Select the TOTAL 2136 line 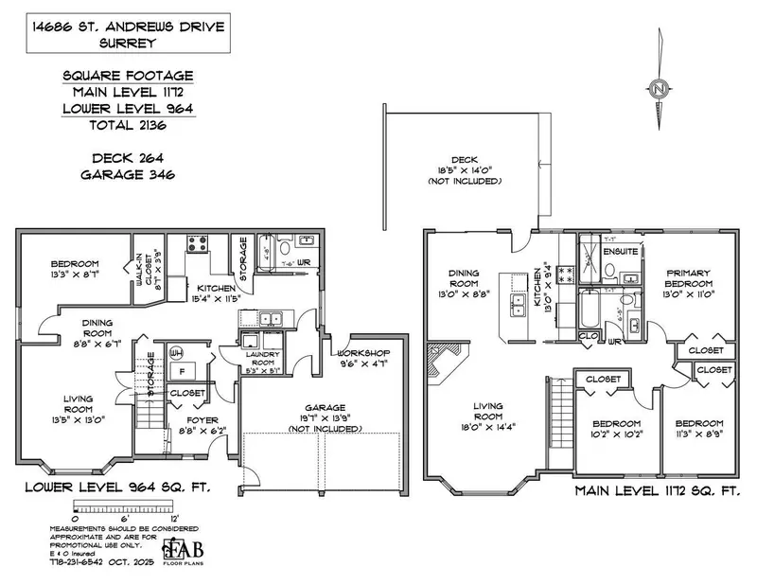click(129, 124)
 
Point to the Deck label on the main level click(463, 160)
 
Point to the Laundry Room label click(260, 362)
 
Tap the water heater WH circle click(173, 353)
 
